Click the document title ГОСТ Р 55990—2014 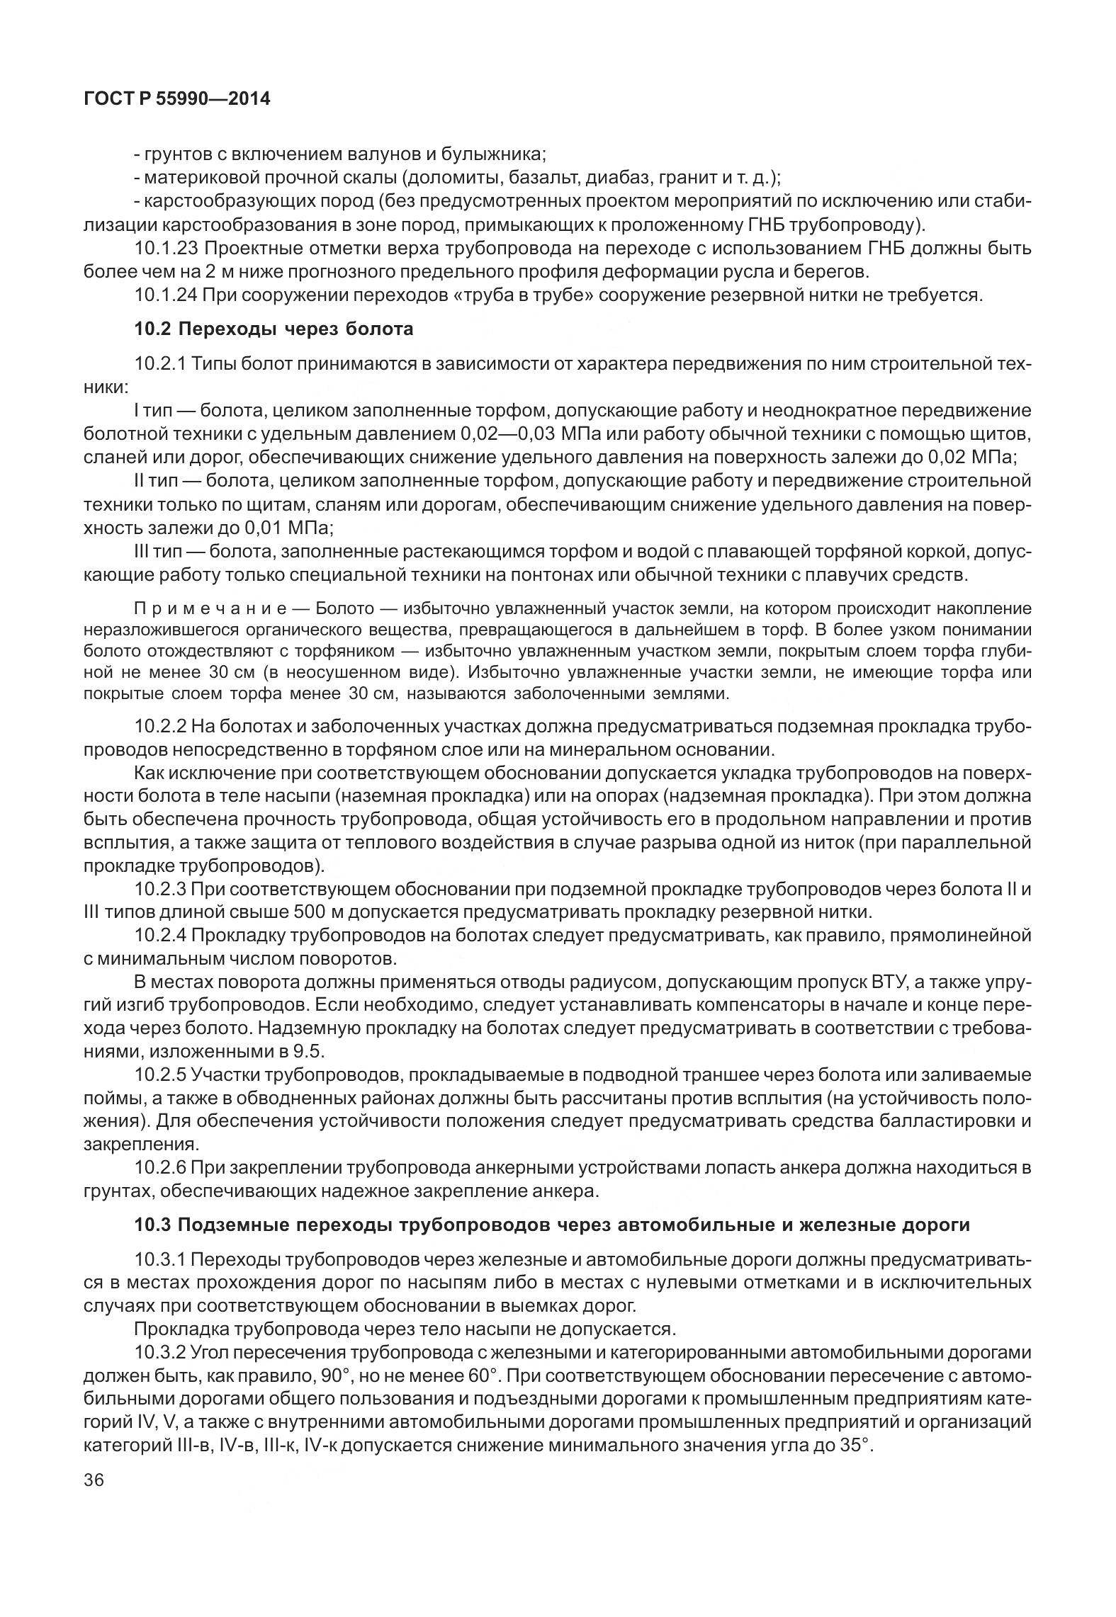(177, 99)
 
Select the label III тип (159, 551)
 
